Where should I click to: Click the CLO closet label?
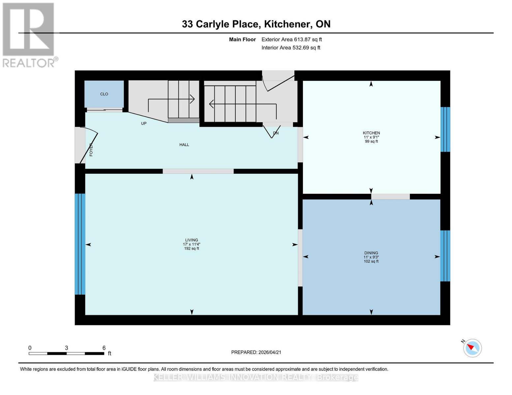[x=104, y=94]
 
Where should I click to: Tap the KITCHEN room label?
[x=371, y=133]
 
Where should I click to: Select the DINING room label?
[x=371, y=253]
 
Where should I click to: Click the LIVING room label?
[x=192, y=240]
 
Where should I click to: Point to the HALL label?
[x=184, y=145]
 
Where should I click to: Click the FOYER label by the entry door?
[x=91, y=150]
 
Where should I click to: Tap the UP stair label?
[x=144, y=123]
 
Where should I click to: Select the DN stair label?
[x=276, y=133]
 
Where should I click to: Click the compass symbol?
[x=472, y=348]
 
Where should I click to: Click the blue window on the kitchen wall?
[x=445, y=129]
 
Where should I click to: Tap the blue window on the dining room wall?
[x=445, y=256]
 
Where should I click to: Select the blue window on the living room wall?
[x=80, y=244]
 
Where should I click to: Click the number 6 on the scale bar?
[x=104, y=348]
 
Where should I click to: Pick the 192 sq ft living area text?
[x=192, y=249]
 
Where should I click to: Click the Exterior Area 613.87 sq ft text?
[x=291, y=39]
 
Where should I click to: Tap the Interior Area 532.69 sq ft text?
[x=291, y=48]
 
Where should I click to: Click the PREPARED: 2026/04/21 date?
[x=256, y=352]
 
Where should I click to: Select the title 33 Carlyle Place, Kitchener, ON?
[x=256, y=24]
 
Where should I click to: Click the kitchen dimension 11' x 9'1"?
[x=371, y=137]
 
